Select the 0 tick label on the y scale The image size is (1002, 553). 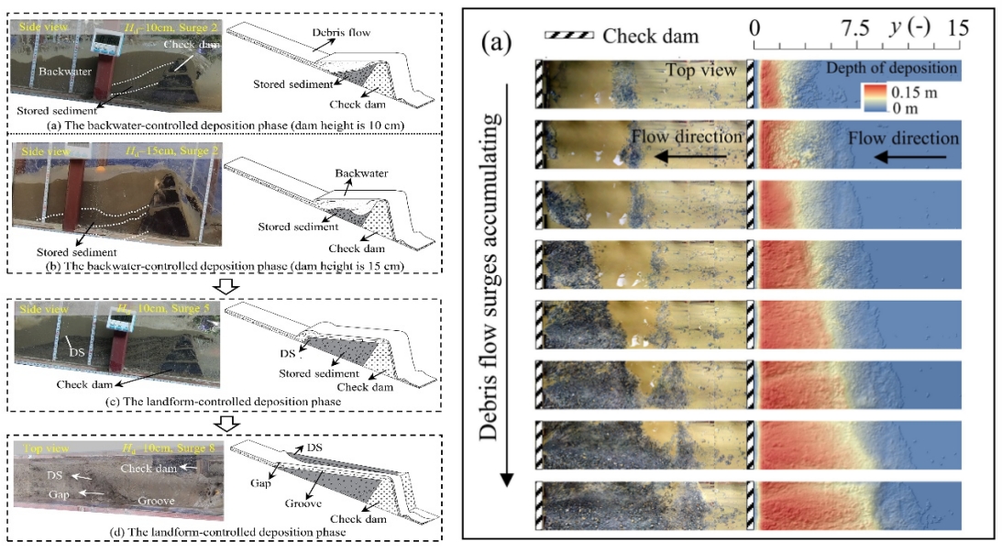coord(754,28)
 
